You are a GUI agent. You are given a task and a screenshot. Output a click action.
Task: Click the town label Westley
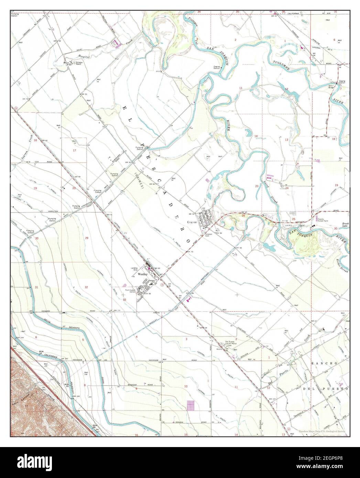tap(142, 275)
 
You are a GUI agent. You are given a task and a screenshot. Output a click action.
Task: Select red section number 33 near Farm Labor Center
tap(124, 300)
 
